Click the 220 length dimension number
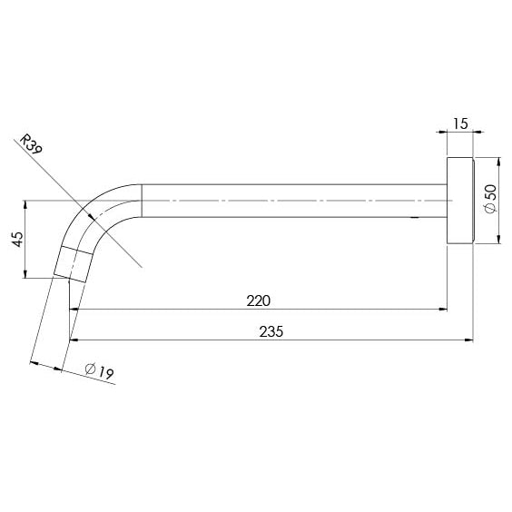pos(257,300)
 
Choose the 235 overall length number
pos(271,331)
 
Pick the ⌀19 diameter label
pos(97,370)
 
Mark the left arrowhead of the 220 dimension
pos(77,310)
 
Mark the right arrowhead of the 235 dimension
pos(468,341)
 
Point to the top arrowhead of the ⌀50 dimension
pos(498,162)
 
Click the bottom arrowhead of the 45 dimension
pos(26,273)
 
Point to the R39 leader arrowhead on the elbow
pos(93,216)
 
